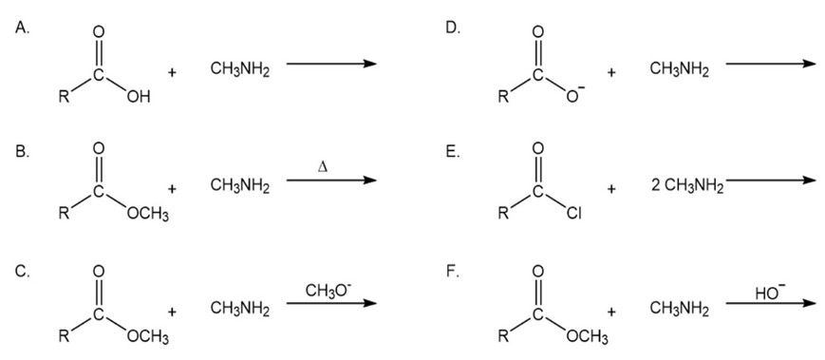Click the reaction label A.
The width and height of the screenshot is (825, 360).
coord(22,28)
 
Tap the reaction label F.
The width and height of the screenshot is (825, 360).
coord(452,275)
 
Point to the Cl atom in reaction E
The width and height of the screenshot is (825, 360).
coord(574,215)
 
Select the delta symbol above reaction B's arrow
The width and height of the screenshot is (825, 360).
coord(324,167)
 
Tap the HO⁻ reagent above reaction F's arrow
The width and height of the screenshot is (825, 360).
coord(766,293)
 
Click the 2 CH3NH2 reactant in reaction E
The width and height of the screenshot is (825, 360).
coord(687,187)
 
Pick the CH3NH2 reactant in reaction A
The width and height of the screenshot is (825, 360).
coord(240,70)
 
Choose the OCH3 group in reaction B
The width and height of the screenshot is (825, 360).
coord(148,216)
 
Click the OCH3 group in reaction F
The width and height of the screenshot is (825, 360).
coord(586,336)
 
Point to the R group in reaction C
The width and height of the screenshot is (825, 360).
coord(65,336)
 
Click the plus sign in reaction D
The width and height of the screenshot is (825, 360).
coord(610,72)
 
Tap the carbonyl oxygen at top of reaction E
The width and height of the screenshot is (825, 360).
coord(537,148)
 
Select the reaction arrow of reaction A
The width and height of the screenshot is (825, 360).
coord(331,64)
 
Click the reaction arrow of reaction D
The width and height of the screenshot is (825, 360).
coord(771,63)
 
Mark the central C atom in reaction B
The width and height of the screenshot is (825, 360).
coord(98,192)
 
